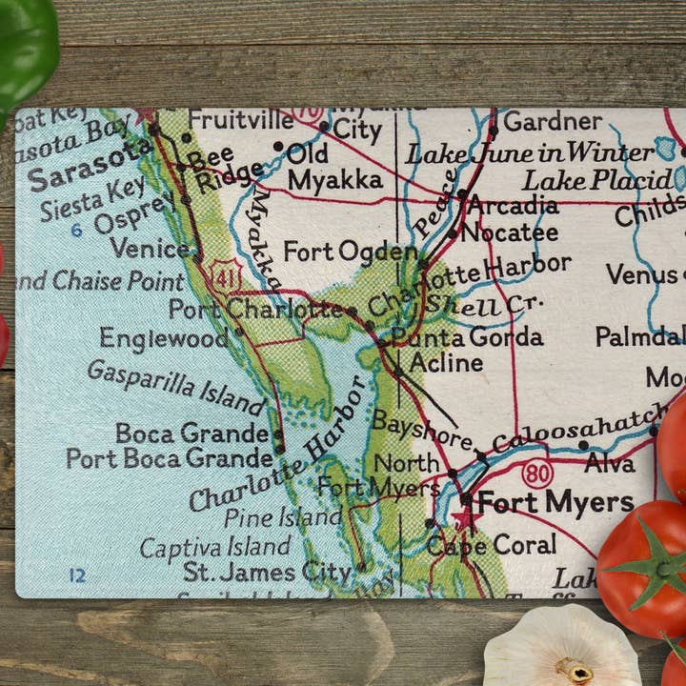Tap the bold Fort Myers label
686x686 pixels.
(x=555, y=502)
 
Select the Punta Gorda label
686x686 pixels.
(x=467, y=337)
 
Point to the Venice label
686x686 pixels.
(x=150, y=249)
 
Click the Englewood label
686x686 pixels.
(x=164, y=338)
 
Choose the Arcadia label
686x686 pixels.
(x=513, y=205)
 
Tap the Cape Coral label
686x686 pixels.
(x=492, y=545)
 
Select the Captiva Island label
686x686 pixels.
(x=215, y=547)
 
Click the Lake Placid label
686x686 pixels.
(x=597, y=179)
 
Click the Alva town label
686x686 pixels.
(x=610, y=464)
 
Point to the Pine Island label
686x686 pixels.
(x=282, y=517)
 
